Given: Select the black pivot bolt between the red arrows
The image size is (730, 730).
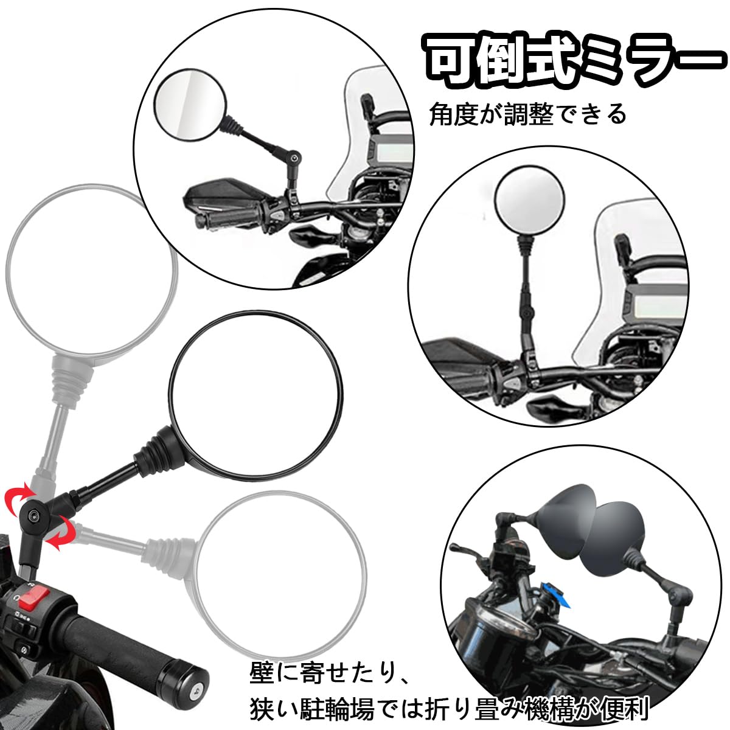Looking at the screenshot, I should click(x=32, y=515).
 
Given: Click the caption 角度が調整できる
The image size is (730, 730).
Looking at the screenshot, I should click(x=527, y=114).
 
